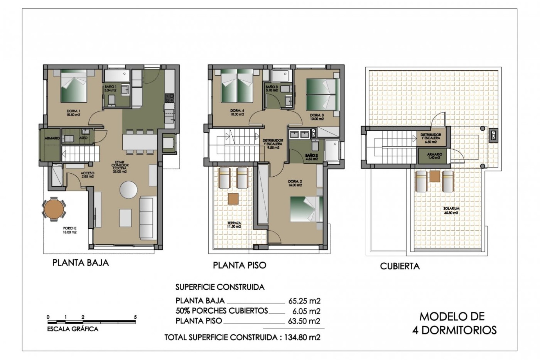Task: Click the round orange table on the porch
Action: (x=54, y=209)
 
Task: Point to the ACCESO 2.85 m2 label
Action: (x=87, y=175)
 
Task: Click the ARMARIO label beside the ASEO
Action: (x=52, y=138)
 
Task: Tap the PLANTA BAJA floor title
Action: (x=80, y=263)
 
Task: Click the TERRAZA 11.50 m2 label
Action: (x=234, y=224)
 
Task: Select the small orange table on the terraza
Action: (x=233, y=199)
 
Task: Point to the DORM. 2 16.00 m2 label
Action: (x=295, y=183)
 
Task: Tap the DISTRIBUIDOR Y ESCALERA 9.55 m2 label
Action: (x=273, y=144)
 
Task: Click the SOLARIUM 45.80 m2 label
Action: (x=451, y=211)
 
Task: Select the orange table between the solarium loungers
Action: (x=435, y=176)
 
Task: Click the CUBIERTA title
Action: (x=400, y=266)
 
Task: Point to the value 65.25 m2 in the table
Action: (x=304, y=301)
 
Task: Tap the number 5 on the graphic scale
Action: (x=135, y=317)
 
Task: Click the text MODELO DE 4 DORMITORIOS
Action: (x=454, y=323)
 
